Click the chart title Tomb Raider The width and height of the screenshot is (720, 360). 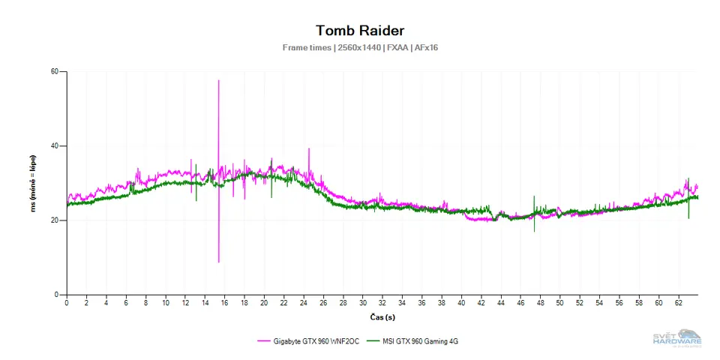click(360, 31)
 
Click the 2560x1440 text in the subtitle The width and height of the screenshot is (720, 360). click(358, 48)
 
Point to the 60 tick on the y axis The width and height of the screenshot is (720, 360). click(55, 72)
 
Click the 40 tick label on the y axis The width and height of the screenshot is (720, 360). click(55, 146)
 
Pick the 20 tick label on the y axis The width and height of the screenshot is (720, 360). click(55, 220)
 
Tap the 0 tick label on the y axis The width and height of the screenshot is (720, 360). click(57, 295)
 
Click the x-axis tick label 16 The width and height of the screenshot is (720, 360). click(224, 303)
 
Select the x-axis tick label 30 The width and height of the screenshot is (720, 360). click(362, 303)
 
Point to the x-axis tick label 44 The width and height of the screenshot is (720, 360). click(501, 303)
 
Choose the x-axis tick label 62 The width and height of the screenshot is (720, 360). click(679, 303)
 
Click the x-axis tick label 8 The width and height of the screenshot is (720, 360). click(145, 303)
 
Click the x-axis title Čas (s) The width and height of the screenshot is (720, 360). click(382, 316)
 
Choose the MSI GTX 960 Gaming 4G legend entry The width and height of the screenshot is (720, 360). click(422, 341)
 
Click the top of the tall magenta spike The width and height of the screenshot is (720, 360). click(218, 80)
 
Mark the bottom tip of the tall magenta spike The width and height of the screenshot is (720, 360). click(218, 262)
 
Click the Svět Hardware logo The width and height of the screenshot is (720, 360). click(676, 338)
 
